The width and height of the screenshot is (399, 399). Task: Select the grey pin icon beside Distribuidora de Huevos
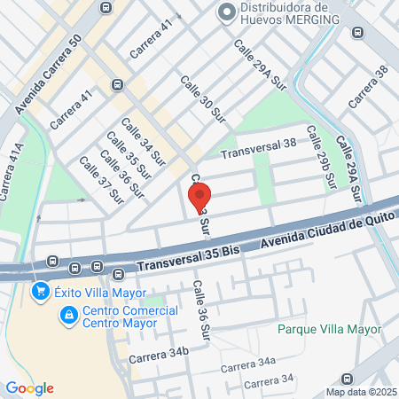tap(227, 12)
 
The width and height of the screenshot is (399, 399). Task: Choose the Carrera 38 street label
tap(368, 86)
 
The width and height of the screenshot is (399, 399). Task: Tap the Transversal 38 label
tap(258, 148)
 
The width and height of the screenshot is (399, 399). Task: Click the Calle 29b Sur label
tap(321, 156)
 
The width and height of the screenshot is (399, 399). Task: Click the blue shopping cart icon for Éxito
tap(40, 291)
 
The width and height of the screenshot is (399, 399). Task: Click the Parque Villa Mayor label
tap(328, 329)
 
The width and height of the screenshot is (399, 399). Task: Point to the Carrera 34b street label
tap(159, 356)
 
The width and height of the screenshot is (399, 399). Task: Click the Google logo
tap(29, 387)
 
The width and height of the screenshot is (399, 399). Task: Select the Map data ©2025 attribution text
tap(360, 392)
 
